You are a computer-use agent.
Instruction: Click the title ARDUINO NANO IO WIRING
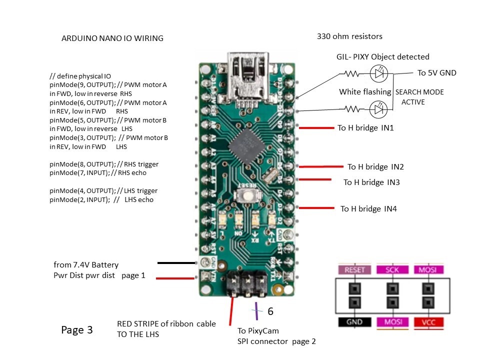point(112,38)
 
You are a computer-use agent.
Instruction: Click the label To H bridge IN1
point(365,128)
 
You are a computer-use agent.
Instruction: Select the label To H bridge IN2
point(375,167)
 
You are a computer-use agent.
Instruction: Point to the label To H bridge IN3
point(371,182)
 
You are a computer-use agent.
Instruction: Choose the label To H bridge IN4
point(368,209)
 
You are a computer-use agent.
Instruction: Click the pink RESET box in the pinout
point(354,270)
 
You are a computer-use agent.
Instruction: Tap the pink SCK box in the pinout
point(392,270)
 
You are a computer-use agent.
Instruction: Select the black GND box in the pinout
point(354,322)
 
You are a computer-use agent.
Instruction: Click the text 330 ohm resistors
point(349,36)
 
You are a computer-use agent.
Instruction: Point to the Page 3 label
point(77,330)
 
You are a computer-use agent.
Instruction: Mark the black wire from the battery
point(176,262)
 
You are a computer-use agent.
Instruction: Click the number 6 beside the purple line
point(270,311)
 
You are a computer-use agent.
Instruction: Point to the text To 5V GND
point(436,73)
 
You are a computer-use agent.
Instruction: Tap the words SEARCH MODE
point(419,92)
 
